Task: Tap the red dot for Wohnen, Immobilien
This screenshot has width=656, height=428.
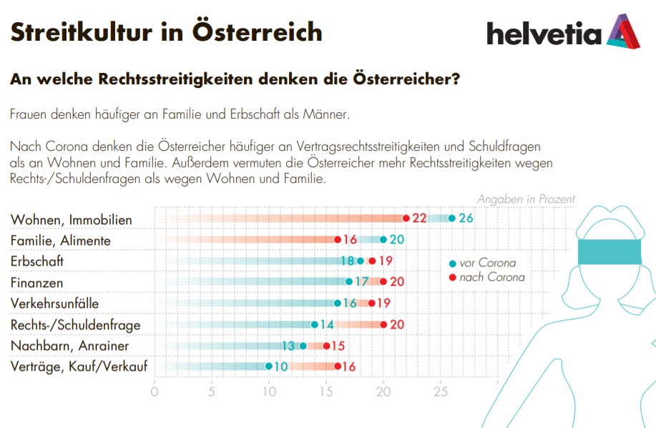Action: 406,218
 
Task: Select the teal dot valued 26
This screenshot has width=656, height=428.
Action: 451,218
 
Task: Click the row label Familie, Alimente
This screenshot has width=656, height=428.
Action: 61,241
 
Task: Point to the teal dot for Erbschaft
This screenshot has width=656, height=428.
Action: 361,261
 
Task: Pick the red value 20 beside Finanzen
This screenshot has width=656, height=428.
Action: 396,282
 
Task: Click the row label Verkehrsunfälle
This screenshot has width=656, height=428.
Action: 55,304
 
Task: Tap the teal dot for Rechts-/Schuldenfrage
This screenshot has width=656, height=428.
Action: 315,324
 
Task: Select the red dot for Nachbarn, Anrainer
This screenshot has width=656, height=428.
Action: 326,346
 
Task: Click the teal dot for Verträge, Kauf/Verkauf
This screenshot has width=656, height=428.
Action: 269,367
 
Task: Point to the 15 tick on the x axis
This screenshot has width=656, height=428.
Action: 326,391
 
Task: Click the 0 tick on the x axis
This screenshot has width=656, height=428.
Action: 155,391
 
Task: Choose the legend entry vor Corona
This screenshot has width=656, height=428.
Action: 486,263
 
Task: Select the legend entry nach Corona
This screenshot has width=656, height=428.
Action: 491,277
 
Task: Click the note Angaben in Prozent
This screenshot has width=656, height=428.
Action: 526,199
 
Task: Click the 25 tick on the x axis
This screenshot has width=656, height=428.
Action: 441,391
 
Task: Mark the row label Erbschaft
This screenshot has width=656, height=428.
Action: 37,262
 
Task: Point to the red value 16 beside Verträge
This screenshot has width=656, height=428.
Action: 348,367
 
